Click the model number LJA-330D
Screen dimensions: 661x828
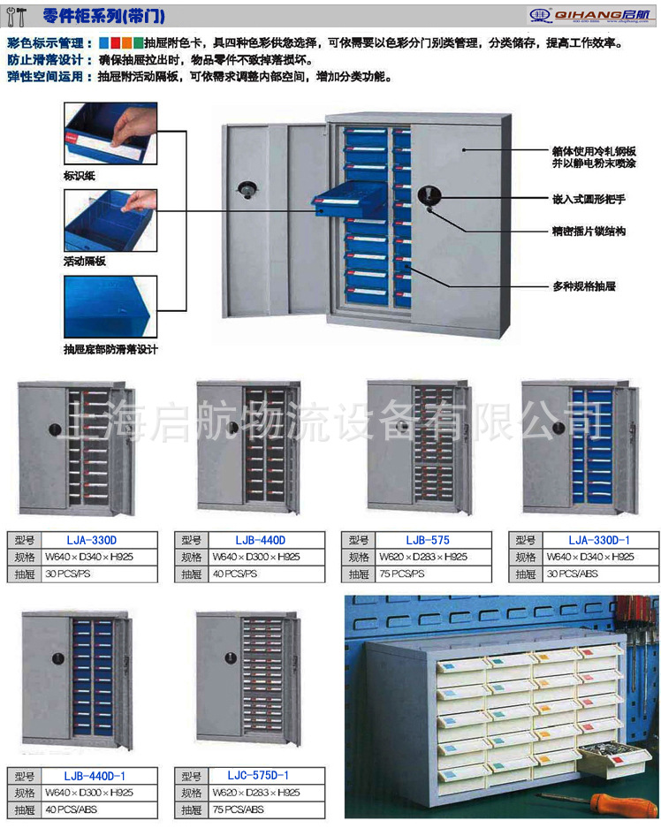pyautogui.click(x=91, y=540)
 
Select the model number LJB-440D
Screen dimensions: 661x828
pyautogui.click(x=260, y=540)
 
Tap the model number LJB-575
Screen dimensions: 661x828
pyautogui.click(x=429, y=540)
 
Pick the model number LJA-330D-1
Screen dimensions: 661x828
pyautogui.click(x=599, y=540)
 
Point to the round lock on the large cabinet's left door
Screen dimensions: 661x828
pyautogui.click(x=246, y=189)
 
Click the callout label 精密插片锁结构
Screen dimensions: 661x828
pyautogui.click(x=589, y=231)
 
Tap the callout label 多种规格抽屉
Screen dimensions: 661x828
pyautogui.click(x=583, y=286)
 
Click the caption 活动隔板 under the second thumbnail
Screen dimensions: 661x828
pyautogui.click(x=84, y=262)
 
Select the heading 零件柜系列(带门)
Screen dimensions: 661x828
pyautogui.click(x=103, y=16)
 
